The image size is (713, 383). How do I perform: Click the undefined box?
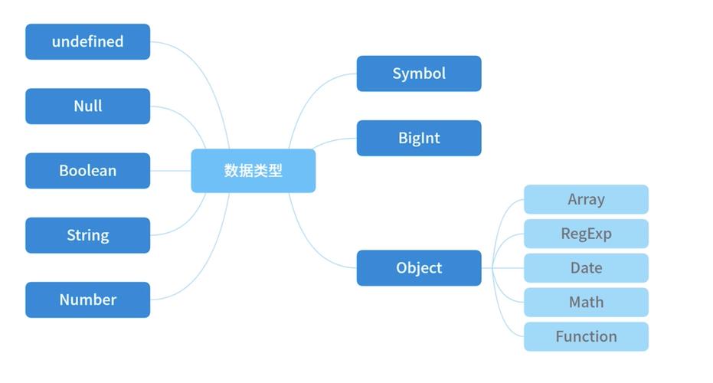87,41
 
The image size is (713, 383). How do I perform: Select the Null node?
87,106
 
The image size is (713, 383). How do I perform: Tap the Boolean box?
87,170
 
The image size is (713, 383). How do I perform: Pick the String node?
87,235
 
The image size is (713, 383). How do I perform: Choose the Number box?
87,300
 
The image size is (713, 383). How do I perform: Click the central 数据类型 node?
253,170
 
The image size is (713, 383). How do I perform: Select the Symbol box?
419,74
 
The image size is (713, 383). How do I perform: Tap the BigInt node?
419,138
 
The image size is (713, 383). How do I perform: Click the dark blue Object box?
419,268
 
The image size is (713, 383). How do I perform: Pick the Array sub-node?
586,199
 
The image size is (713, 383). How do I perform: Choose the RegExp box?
586,234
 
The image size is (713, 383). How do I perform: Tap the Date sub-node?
586,268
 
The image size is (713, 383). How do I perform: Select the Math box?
586,302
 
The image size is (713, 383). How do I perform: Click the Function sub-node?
586,336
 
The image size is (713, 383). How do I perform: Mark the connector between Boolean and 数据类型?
170,170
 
